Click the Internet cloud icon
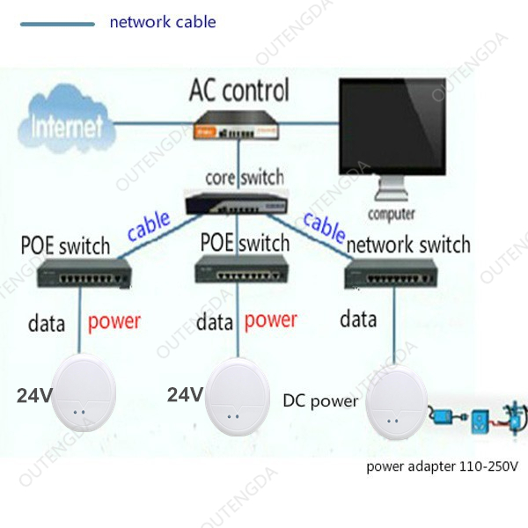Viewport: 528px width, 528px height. tap(67, 120)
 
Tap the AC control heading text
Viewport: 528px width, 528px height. tap(239, 90)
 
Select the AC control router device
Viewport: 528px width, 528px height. tap(237, 126)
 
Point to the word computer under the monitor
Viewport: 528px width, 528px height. tap(392, 214)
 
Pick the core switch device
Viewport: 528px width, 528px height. tap(237, 202)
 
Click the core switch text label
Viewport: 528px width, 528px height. tap(245, 178)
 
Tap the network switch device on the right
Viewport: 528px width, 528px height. tap(392, 274)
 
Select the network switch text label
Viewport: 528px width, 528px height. tap(408, 245)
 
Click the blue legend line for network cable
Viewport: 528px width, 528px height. tap(57, 24)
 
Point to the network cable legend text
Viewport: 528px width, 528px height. tap(163, 22)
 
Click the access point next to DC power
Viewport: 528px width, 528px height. tap(397, 403)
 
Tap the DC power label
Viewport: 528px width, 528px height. tap(320, 401)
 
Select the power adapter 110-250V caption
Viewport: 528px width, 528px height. tap(442, 466)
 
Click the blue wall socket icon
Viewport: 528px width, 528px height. tap(480, 422)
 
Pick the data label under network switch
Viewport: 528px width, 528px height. tap(358, 319)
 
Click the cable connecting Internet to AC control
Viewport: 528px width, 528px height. tap(155, 123)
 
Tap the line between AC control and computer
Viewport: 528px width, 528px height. tap(309, 123)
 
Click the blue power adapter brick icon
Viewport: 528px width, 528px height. tap(442, 417)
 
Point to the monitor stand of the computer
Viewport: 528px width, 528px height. tap(392, 188)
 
